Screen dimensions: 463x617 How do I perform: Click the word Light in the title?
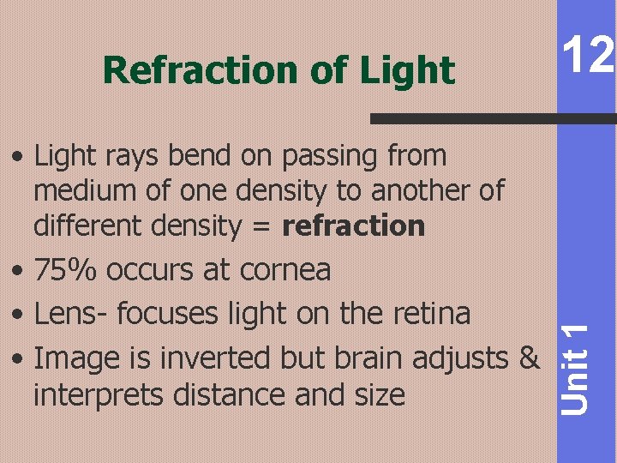(407, 70)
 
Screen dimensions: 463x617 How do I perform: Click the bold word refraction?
(353, 225)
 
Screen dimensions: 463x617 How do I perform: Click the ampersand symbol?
(530, 356)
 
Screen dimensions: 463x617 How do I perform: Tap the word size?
(378, 394)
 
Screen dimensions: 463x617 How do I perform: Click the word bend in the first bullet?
(200, 156)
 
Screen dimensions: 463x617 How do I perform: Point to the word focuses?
(171, 313)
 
